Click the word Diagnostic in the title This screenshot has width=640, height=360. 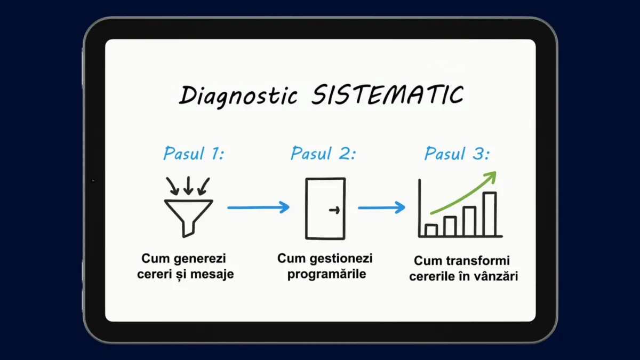tap(238, 96)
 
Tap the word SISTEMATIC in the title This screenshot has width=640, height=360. tap(387, 94)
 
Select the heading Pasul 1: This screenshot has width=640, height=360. tap(194, 154)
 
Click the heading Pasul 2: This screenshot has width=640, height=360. tap(323, 154)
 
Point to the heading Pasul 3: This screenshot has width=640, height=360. tap(457, 154)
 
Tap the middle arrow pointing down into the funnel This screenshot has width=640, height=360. tap(188, 186)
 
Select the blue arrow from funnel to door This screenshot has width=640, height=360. tap(259, 207)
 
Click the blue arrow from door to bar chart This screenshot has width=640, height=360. tap(382, 207)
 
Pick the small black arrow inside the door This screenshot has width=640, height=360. tap(334, 210)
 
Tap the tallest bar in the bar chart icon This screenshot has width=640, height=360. tap(490, 214)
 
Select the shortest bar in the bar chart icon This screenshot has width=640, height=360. tap(431, 230)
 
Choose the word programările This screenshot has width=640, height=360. tap(326, 274)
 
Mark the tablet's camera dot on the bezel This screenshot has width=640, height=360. tap(93, 181)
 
